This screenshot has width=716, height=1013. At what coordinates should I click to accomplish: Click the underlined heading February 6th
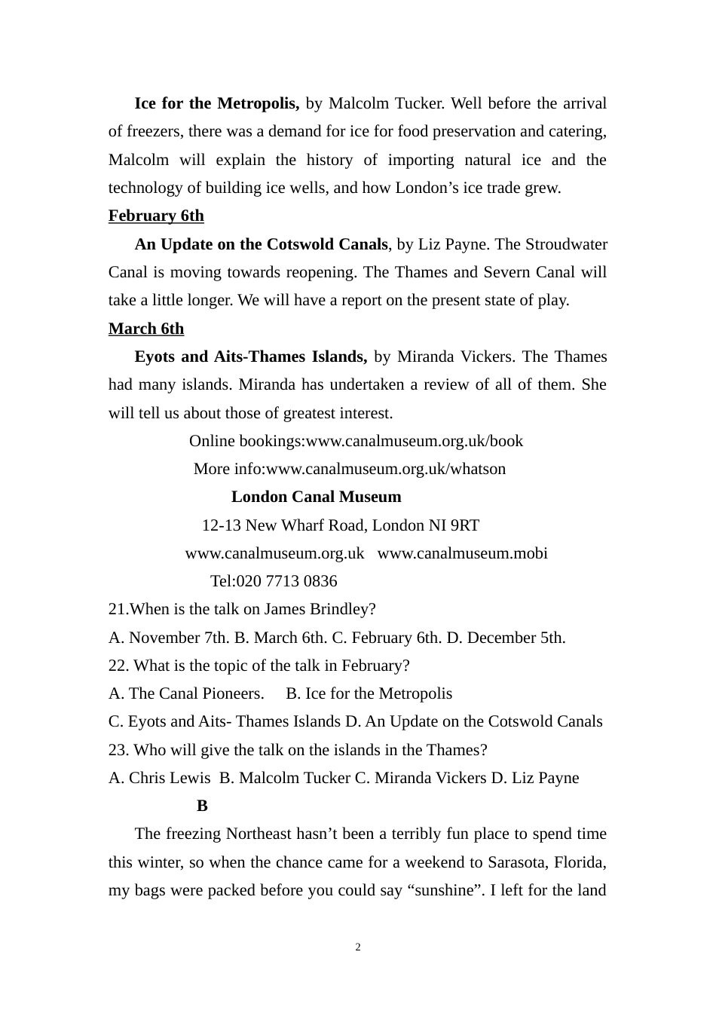(156, 216)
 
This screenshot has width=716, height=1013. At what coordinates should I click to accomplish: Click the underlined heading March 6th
(146, 329)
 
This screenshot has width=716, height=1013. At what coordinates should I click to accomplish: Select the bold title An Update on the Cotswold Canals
(261, 244)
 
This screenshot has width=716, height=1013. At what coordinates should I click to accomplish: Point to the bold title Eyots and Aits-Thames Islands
(250, 357)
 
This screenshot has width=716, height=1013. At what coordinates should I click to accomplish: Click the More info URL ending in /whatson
(386, 469)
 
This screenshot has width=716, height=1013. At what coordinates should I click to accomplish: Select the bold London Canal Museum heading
(316, 497)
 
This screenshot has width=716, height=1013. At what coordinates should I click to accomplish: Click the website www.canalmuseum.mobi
(462, 553)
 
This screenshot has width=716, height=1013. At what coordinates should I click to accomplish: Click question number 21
(118, 609)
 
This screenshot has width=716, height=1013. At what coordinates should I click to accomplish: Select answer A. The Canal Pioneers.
(186, 693)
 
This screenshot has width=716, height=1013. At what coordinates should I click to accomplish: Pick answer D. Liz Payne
(535, 778)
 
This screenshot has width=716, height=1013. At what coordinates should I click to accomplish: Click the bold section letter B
(202, 806)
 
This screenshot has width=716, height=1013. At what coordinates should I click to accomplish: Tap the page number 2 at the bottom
(358, 947)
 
